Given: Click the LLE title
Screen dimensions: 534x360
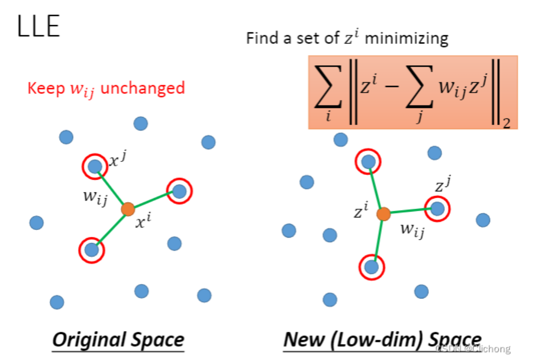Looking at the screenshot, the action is coord(39,26).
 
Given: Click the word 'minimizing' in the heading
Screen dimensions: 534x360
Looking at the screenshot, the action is coord(406,38).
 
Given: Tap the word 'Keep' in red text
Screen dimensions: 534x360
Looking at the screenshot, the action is coord(46,88).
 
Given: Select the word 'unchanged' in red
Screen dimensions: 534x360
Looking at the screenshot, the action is coord(143,88).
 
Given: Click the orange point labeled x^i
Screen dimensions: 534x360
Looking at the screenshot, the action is coord(128,209).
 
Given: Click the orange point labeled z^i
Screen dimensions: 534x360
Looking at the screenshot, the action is coord(383,214).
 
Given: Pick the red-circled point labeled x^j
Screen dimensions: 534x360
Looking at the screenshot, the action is coord(95,166).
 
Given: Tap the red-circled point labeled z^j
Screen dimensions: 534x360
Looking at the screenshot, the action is coord(437,209).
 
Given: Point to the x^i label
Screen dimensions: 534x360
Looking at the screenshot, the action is coord(143,220).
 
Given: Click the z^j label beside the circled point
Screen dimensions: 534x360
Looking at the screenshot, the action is coord(443,184).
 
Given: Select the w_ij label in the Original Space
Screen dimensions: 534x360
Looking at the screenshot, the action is coord(96,197).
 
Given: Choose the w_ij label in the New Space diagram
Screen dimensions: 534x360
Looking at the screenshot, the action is coord(412,230).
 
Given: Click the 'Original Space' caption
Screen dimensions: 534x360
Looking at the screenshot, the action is coord(118,340).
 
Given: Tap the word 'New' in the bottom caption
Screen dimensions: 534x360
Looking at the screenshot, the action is coord(304,339).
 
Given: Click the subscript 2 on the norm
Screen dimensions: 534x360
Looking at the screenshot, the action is coord(506,123).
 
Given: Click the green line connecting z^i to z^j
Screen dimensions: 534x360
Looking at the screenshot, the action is coord(410,211).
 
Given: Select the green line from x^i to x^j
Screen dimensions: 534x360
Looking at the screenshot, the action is coord(111,188).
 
